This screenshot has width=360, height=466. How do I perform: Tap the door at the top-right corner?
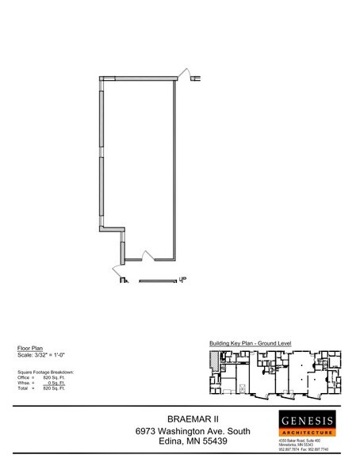[188, 74]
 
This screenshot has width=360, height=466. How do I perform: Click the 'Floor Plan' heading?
[30, 348]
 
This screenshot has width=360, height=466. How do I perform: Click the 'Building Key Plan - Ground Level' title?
[251, 342]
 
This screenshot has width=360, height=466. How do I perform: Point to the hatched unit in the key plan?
[212, 361]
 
